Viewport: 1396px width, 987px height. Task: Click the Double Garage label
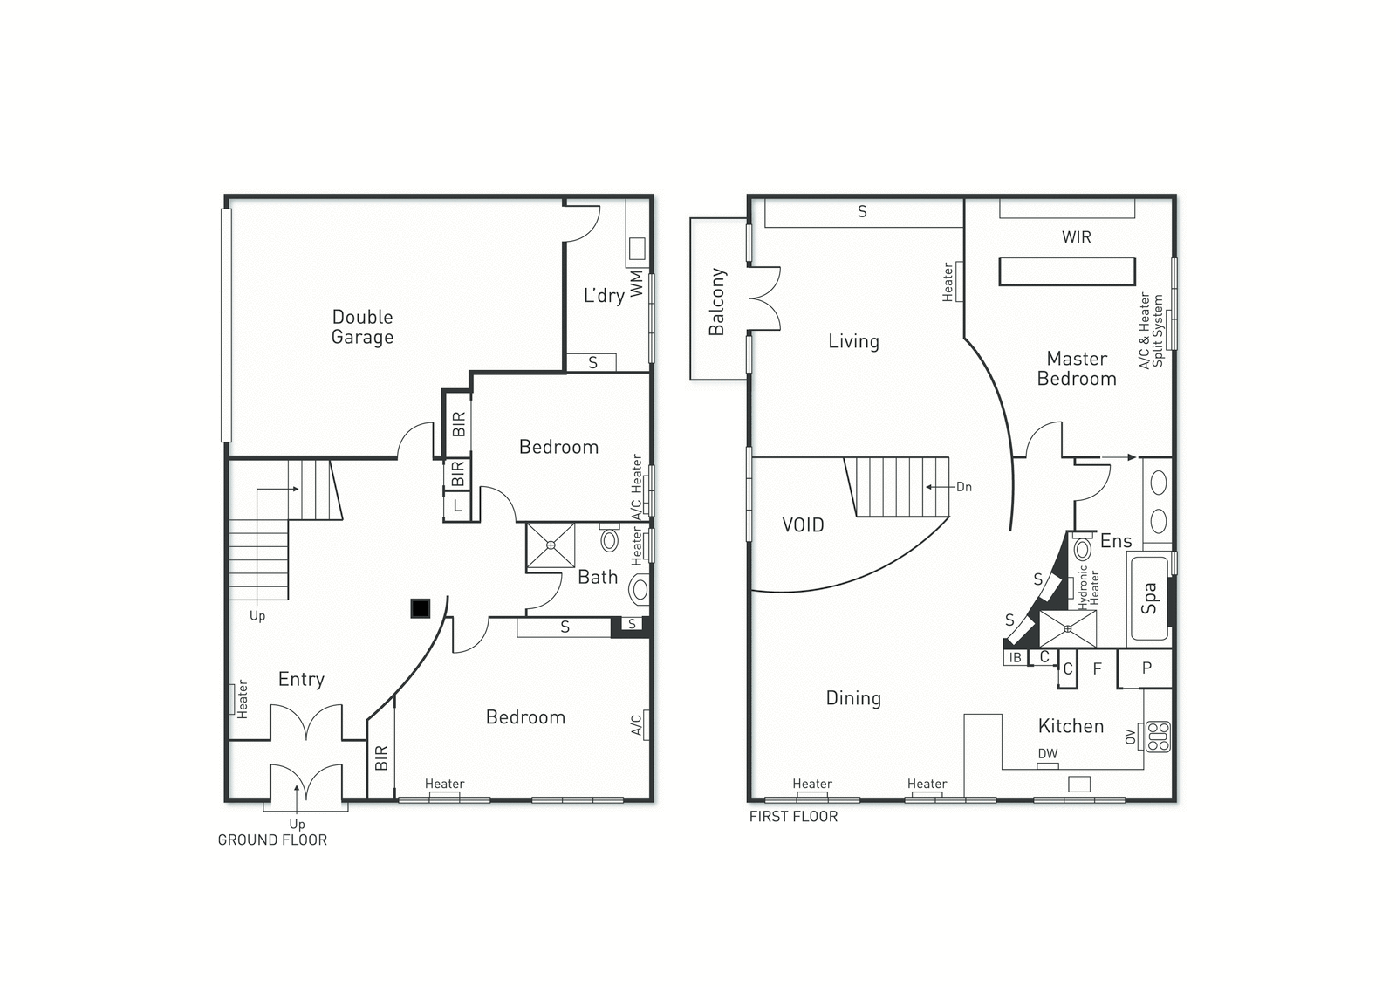(362, 326)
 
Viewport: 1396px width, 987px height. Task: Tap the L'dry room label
(603, 295)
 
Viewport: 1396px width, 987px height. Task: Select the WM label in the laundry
(636, 284)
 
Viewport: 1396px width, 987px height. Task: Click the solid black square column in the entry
(420, 608)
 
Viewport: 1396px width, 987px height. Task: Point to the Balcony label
(716, 302)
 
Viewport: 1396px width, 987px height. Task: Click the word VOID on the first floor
(803, 525)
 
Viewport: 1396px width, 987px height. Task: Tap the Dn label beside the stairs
(963, 487)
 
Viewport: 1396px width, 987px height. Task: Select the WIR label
(1077, 236)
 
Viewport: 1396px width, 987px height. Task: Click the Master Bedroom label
(1077, 368)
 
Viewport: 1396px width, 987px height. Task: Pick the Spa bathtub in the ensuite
(1149, 599)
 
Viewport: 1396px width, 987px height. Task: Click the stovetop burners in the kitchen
(1158, 737)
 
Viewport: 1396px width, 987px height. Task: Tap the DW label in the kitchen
(1048, 754)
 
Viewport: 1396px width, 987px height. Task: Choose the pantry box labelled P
(1146, 668)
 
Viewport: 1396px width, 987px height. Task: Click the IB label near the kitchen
(1016, 658)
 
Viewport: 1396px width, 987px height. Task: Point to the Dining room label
(853, 698)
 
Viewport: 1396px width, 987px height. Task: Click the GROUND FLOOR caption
(272, 840)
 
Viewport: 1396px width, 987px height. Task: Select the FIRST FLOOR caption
(793, 816)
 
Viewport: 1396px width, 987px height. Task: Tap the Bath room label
(598, 578)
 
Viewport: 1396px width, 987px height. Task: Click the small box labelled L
(457, 505)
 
